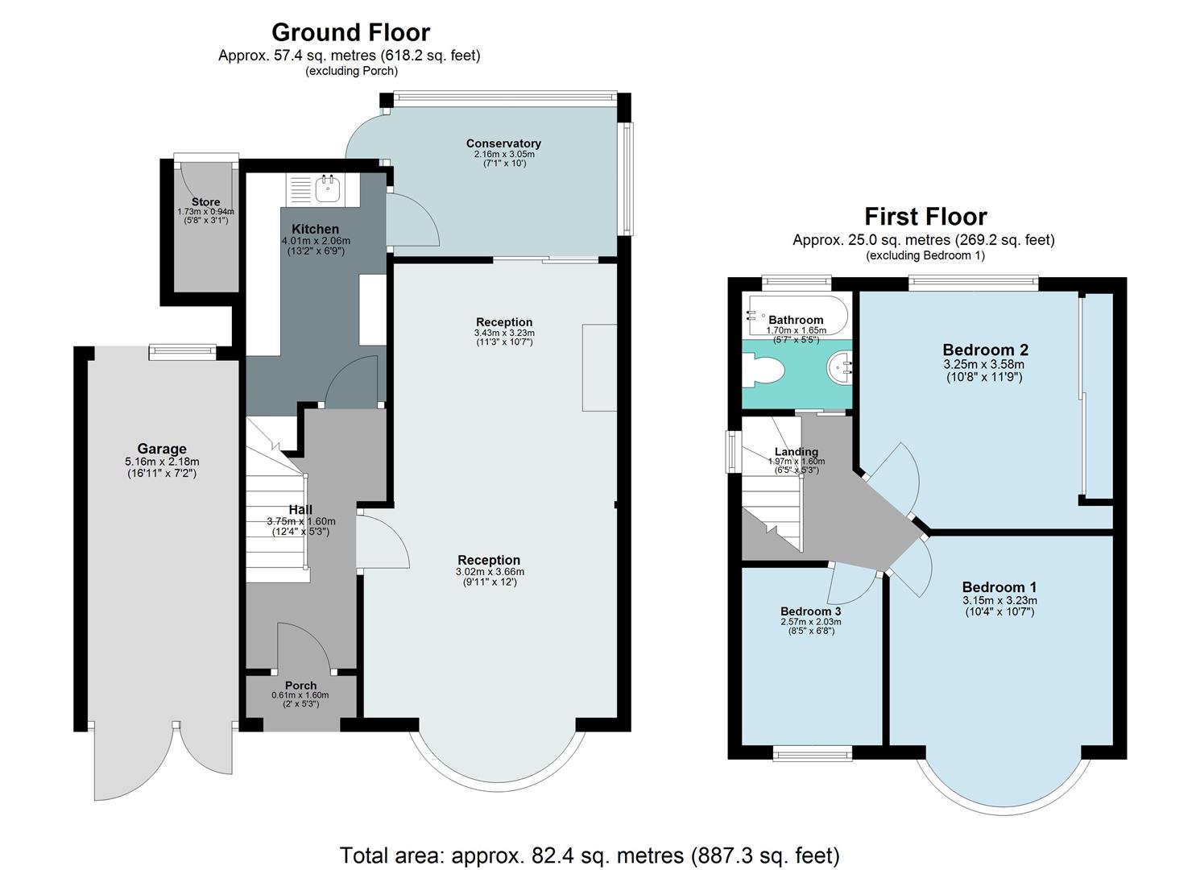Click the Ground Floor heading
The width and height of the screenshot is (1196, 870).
click(x=350, y=32)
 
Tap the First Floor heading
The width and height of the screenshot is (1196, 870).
click(x=925, y=217)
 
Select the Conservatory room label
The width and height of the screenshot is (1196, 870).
click(x=503, y=143)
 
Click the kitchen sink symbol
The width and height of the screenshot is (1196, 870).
click(x=328, y=189)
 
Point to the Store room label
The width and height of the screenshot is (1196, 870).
click(x=205, y=202)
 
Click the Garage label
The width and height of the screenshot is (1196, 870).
click(x=162, y=449)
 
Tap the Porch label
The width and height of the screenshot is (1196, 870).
click(x=300, y=686)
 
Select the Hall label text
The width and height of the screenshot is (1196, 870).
click(x=300, y=510)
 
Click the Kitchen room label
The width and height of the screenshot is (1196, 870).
click(x=315, y=230)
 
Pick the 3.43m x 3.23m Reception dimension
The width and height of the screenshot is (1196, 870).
click(x=504, y=333)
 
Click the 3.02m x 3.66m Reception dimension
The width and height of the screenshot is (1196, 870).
click(x=489, y=572)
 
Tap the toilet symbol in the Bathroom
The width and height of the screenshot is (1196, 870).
click(x=765, y=372)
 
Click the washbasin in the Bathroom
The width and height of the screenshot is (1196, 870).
click(x=840, y=371)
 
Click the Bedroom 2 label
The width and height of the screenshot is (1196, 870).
click(x=985, y=350)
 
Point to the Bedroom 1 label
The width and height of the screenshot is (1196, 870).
click(x=999, y=586)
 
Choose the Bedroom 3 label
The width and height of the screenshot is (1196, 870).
click(x=810, y=611)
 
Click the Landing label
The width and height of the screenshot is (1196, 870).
click(x=796, y=452)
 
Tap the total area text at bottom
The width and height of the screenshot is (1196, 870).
click(x=590, y=855)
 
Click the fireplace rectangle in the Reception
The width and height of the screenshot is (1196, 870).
click(x=599, y=368)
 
